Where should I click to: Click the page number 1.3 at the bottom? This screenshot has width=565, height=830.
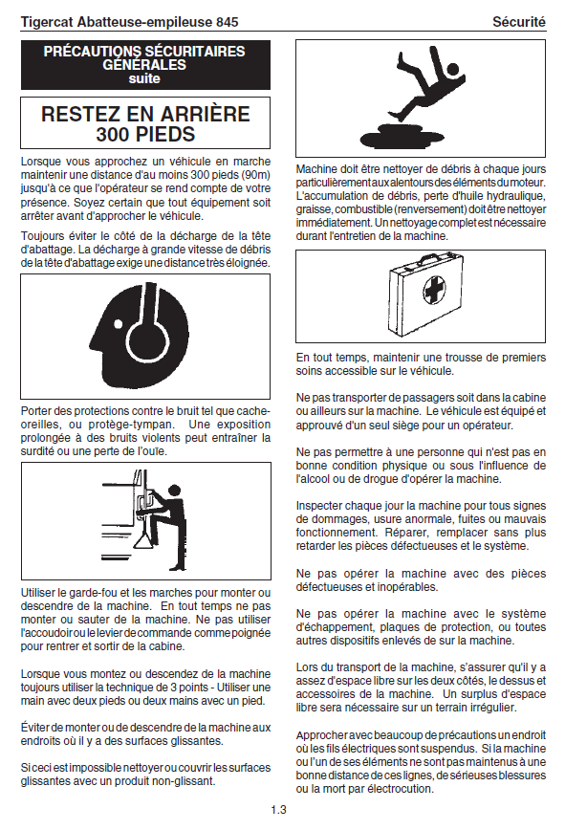278,809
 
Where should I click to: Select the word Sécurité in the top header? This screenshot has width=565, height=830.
518,22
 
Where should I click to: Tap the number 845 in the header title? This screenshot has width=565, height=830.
227,22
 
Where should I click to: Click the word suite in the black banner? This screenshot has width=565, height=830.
144,78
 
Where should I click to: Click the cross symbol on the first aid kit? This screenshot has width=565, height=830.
435,290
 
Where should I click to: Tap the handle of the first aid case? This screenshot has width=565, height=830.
433,258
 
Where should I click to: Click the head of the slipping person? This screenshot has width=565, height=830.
453,70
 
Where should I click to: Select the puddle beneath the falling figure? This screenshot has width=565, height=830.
402,139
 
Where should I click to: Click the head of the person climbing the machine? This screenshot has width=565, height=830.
173,491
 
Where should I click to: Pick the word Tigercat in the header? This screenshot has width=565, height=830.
47,22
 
